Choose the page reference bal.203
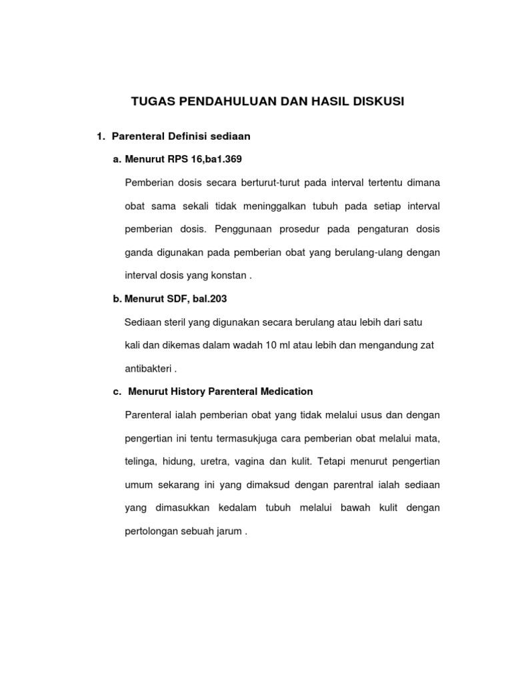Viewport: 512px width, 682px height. click(211, 299)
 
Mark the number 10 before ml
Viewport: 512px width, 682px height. click(271, 345)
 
